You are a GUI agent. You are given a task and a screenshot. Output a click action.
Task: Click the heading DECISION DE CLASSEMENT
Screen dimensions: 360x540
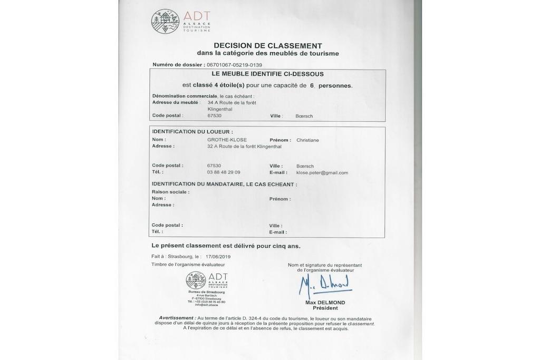pos(268,46)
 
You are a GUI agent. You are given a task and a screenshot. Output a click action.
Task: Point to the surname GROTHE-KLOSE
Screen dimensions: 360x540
pos(227,140)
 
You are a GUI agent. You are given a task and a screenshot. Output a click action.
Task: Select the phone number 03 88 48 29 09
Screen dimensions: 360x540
pos(224,172)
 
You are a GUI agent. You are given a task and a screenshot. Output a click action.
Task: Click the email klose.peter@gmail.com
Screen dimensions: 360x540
pos(322,172)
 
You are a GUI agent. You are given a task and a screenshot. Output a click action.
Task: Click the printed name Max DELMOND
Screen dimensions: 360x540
pos(325,303)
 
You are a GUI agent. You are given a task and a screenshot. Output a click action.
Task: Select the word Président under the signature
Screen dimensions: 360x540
pos(325,308)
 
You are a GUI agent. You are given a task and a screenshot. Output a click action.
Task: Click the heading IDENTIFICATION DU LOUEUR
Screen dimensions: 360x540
pos(192,132)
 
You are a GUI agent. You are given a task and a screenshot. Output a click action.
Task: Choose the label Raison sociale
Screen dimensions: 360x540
pos(170,192)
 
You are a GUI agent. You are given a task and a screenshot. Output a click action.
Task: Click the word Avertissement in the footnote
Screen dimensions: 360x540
pos(177,318)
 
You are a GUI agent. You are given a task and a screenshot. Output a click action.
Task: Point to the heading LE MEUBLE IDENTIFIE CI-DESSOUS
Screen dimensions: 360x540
pos(267,74)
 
